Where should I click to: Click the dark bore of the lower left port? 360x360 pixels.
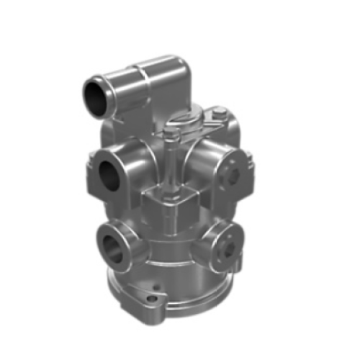tap(110, 246)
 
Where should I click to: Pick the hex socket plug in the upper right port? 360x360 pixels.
tap(233, 174)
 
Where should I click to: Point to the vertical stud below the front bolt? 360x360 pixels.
tap(169, 162)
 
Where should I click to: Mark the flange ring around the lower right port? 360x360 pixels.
tap(217, 248)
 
